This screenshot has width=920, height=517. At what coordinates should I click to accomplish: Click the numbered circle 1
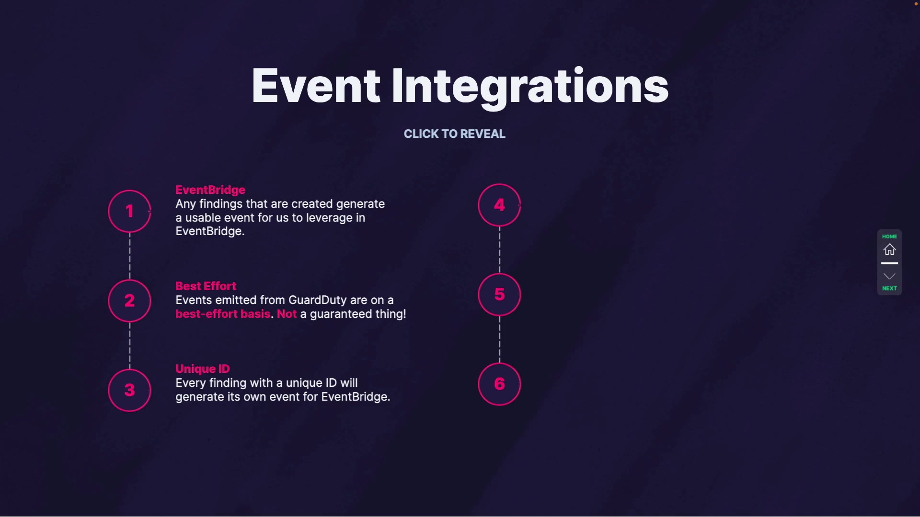[x=129, y=211]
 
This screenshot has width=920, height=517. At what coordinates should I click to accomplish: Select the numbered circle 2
[x=129, y=301]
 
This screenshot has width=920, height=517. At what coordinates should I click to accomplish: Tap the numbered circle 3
[x=129, y=390]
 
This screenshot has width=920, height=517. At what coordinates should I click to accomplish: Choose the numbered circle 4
[x=499, y=205]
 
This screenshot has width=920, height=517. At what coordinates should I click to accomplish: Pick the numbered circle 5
[x=499, y=294]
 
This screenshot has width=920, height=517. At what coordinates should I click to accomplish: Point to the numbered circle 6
[x=499, y=384]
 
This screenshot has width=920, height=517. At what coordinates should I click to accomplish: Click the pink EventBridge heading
[x=210, y=190]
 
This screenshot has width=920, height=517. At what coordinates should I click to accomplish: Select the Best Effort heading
[x=206, y=286]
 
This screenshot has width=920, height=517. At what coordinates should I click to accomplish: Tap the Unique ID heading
[x=203, y=369]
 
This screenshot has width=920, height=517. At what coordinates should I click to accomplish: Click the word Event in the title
[x=316, y=86]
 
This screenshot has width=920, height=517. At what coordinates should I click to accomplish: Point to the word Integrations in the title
[x=529, y=86]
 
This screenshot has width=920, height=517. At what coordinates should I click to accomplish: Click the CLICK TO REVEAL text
[x=454, y=134]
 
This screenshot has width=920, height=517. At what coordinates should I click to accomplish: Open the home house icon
[x=889, y=249]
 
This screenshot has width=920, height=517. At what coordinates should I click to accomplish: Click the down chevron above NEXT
[x=889, y=276]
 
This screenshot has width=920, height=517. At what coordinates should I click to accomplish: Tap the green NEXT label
[x=889, y=288]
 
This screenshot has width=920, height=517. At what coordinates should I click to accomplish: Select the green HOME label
[x=889, y=236]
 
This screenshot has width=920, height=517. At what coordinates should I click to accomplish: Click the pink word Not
[x=287, y=314]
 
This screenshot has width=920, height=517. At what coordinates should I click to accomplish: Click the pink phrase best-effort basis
[x=223, y=314]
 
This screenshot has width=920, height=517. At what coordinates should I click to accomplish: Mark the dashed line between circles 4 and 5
[x=499, y=249]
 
